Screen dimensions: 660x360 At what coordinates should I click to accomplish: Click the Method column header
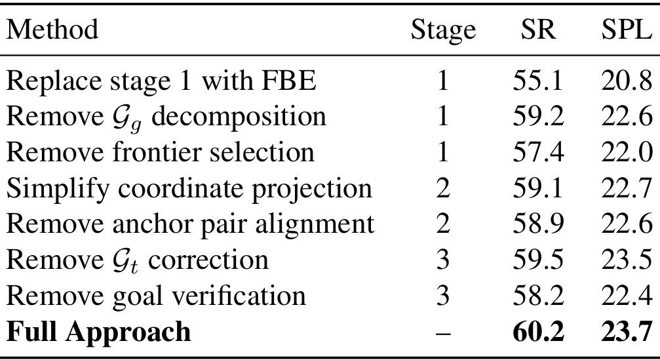pos(52,30)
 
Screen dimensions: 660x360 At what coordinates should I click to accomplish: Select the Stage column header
pos(442,30)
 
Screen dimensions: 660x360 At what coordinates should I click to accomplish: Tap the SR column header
pos(539,30)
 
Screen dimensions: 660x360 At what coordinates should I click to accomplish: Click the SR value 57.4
pos(539,152)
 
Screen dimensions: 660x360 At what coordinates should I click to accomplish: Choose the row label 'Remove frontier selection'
pos(161,152)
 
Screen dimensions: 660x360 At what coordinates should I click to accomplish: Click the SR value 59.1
pos(539,188)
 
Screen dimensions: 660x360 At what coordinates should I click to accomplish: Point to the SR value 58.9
pos(539,224)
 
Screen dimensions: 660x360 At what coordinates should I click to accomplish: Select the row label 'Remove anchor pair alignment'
pos(190,224)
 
